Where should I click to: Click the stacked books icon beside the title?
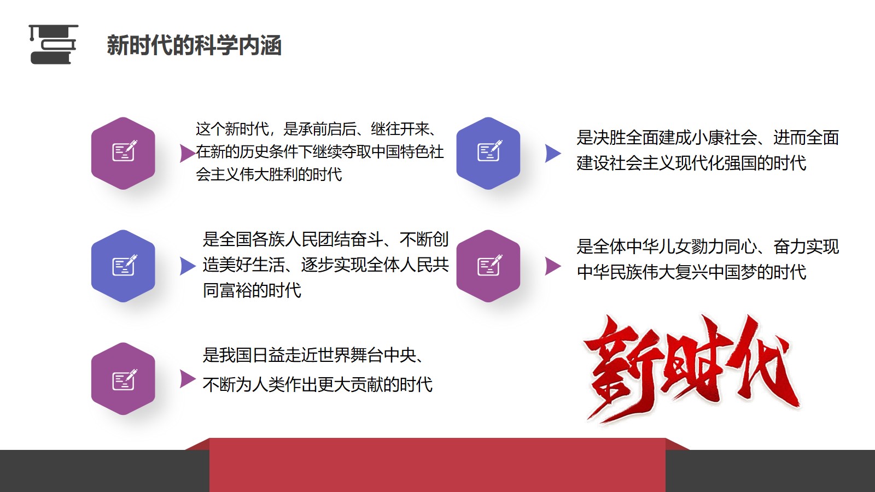54,44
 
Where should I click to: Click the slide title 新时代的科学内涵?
194,45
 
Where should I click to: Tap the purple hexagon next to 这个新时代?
123,153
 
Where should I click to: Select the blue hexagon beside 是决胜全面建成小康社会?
488,153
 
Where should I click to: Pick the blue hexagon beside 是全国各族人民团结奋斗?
123,266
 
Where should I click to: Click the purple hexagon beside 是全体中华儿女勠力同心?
488,266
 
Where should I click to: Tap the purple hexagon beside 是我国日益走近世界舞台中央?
123,378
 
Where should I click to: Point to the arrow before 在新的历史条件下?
188,153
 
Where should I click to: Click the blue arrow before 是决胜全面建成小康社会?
553,153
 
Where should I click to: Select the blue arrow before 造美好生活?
188,266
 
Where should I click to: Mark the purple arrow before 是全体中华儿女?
553,266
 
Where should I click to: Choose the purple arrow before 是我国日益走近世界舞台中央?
188,378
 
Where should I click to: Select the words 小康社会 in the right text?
724,137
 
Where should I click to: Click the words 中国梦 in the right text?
732,272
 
